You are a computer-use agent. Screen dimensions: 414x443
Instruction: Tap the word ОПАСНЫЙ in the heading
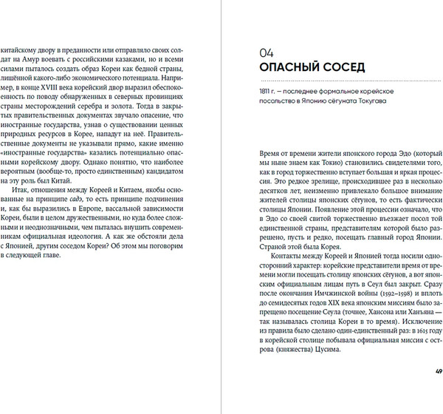pyautogui.click(x=289, y=70)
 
